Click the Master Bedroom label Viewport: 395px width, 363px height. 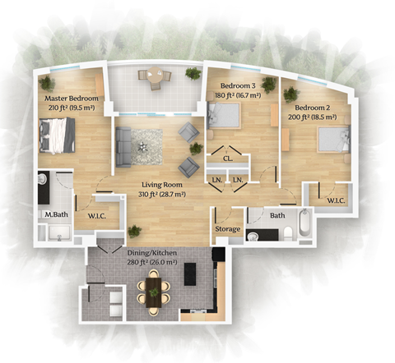[72, 99]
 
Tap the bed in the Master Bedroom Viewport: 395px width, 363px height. [57, 135]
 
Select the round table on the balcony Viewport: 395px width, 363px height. [155, 75]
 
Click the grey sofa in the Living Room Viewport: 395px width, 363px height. [123, 147]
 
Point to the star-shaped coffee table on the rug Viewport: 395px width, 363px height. [142, 146]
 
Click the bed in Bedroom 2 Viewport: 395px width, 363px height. [334, 139]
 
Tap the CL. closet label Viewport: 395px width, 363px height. [228, 159]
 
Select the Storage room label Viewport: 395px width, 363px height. [228, 229]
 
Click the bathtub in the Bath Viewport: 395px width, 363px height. [305, 223]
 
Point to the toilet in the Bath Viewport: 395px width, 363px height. [288, 234]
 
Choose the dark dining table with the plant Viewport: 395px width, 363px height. [154, 292]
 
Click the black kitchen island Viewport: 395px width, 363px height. [190, 274]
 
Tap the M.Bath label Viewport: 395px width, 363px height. [56, 214]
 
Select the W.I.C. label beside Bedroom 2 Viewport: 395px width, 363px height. [336, 200]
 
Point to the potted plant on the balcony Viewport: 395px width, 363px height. [193, 73]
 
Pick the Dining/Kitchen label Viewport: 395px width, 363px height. [152, 253]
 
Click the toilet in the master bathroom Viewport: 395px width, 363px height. [42, 179]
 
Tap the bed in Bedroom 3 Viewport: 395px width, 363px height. [224, 116]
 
